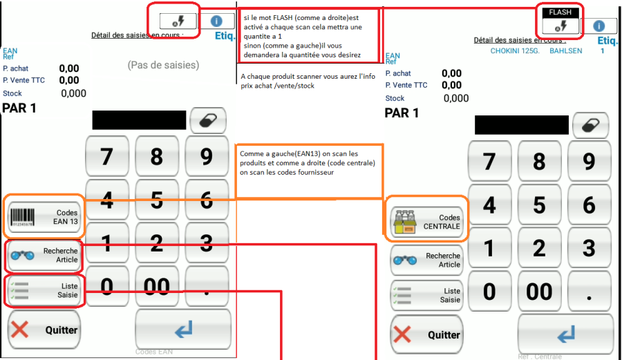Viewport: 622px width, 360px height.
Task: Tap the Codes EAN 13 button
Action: point(44,217)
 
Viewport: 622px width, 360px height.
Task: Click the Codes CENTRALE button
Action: point(426,222)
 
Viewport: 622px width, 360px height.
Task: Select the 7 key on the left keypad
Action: point(107,156)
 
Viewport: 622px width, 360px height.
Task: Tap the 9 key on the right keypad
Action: point(589,162)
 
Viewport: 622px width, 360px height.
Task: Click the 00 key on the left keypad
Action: point(157,286)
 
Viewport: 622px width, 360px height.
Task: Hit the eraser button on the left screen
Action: point(208,120)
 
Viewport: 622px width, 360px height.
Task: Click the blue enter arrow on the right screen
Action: point(565,334)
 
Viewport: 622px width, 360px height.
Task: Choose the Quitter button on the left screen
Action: point(44,330)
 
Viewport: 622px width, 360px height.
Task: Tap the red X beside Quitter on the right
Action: point(402,334)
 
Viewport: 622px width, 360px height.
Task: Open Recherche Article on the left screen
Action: point(44,256)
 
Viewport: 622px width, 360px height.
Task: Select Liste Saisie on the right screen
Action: point(426,295)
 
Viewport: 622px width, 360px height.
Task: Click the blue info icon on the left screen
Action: point(216,21)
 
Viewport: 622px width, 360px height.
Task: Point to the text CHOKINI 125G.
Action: point(515,50)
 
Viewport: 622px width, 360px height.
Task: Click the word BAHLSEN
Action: point(565,50)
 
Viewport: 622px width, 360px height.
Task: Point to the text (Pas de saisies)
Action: point(163,65)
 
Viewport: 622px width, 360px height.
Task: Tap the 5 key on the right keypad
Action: point(539,205)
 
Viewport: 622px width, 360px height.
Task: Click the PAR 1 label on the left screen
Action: point(19,108)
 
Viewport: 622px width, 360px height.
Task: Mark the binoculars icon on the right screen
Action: point(405,260)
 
